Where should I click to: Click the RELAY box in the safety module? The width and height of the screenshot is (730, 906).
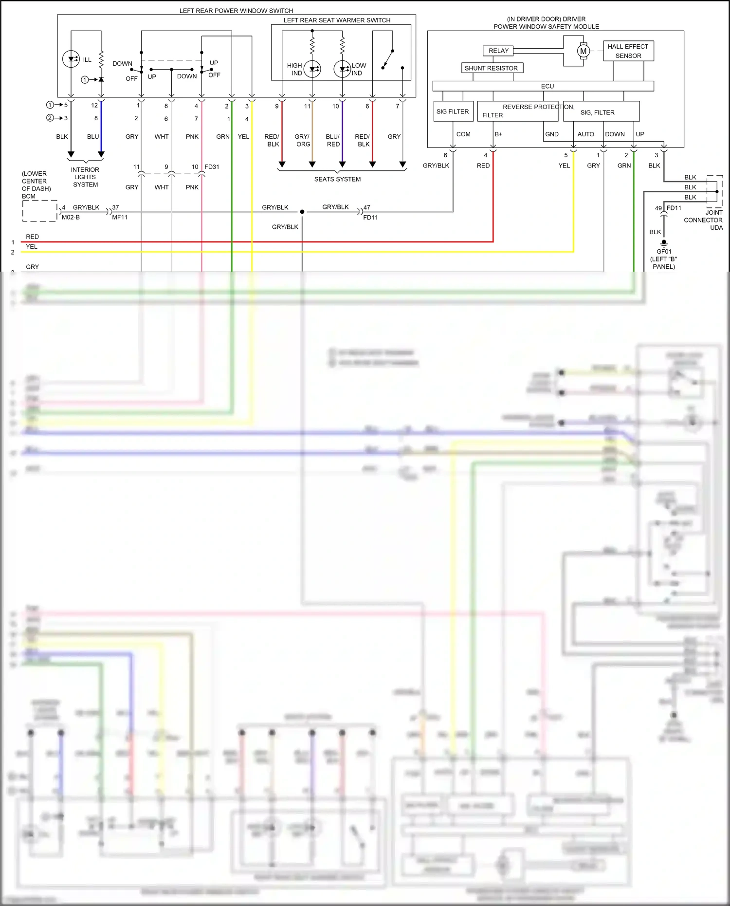[x=498, y=51]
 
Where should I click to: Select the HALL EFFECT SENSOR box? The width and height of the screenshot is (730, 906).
[x=628, y=51]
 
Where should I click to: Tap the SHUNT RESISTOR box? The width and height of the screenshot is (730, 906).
[x=492, y=68]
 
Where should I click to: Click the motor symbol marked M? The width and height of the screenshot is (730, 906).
[x=583, y=51]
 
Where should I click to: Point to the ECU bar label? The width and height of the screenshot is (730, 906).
[x=547, y=86]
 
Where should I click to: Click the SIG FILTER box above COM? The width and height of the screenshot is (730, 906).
[x=453, y=111]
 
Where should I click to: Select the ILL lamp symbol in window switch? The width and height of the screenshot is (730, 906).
[x=71, y=59]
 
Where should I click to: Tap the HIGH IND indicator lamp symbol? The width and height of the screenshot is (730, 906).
[x=312, y=69]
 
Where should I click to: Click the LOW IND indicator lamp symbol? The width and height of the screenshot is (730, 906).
[x=342, y=69]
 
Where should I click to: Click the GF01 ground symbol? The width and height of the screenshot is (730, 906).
[x=664, y=243]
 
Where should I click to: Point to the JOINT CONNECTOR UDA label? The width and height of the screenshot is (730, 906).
[x=703, y=220]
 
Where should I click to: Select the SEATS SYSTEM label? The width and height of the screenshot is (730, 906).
[x=337, y=179]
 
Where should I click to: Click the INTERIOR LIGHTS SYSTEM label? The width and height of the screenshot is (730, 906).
[x=85, y=177]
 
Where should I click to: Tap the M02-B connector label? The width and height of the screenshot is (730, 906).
[x=71, y=217]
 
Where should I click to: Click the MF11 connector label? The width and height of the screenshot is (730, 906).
[x=120, y=217]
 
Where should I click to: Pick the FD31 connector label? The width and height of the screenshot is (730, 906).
[x=212, y=166]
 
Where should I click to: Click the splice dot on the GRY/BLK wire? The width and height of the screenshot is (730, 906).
[x=302, y=212]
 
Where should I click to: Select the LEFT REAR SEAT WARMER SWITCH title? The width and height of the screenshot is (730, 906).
[x=337, y=20]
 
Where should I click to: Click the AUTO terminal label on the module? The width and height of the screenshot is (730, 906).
[x=585, y=134]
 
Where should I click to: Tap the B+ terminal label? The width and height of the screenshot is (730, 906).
[x=498, y=134]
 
